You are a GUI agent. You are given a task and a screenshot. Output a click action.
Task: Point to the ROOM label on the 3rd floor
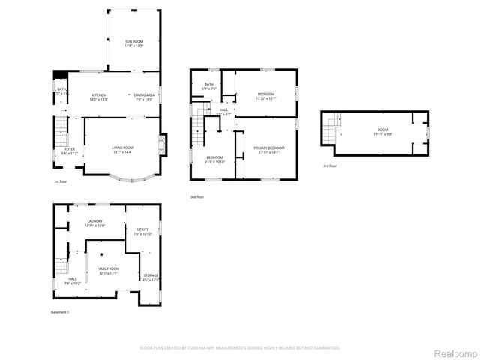pyautogui.click(x=383, y=132)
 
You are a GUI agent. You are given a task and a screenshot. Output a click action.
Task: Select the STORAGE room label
pyautogui.click(x=151, y=277)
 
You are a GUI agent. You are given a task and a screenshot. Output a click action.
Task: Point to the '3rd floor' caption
pyautogui.click(x=330, y=166)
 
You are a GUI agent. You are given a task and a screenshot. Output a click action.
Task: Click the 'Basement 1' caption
pyautogui.click(x=60, y=311)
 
